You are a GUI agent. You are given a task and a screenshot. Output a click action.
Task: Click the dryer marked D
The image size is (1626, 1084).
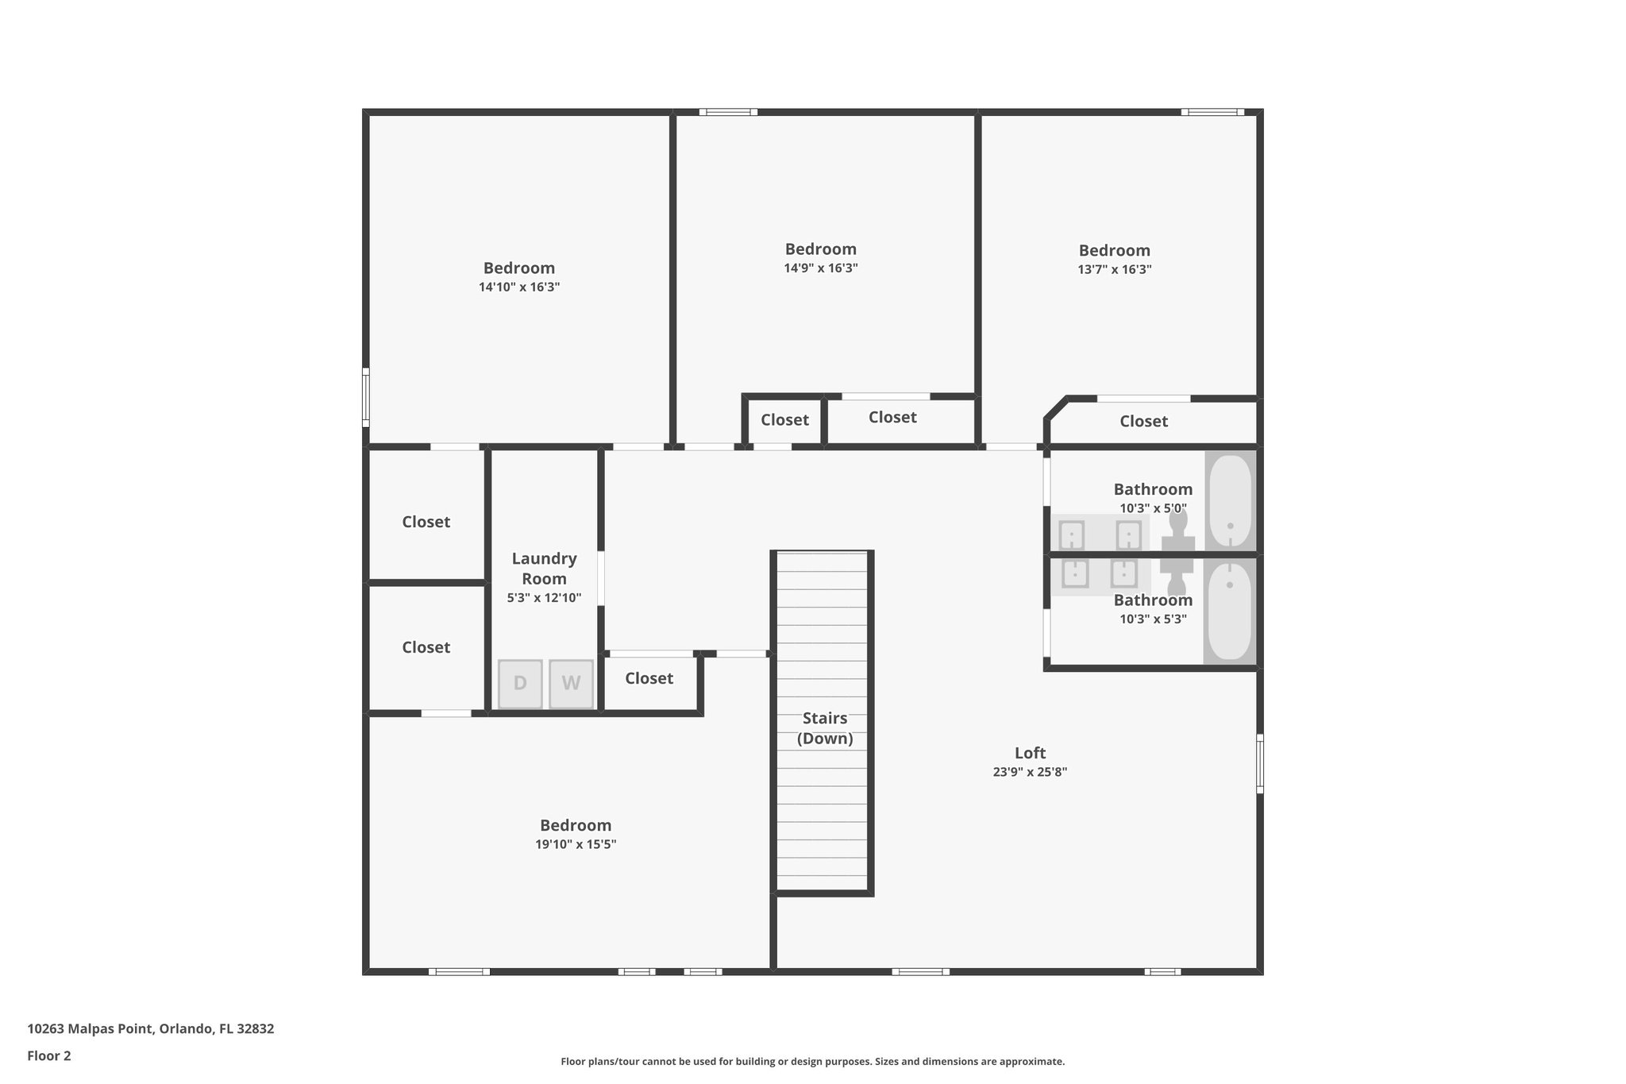click(520, 684)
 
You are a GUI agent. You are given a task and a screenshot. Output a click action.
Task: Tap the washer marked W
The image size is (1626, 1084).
click(571, 684)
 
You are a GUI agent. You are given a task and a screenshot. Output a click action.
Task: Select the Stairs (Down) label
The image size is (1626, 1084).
click(825, 728)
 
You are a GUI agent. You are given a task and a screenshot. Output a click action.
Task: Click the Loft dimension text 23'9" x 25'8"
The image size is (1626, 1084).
click(1030, 772)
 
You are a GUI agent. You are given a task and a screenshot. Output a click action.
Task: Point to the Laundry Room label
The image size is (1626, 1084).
click(544, 569)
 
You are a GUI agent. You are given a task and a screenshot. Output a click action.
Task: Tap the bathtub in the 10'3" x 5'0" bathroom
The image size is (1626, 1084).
click(1230, 500)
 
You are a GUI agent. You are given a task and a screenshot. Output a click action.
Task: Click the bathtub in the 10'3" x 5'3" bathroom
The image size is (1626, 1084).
click(1230, 611)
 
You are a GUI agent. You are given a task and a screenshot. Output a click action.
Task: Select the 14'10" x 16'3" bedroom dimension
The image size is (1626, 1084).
click(519, 287)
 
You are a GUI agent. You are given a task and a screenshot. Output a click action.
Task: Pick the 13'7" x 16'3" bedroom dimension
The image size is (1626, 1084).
click(1115, 269)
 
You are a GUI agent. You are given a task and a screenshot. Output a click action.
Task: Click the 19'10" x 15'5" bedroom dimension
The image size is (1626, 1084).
click(576, 844)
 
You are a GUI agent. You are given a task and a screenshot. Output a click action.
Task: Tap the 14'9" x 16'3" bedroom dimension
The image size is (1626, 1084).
click(821, 268)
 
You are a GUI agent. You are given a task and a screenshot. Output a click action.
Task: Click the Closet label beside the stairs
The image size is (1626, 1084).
click(649, 678)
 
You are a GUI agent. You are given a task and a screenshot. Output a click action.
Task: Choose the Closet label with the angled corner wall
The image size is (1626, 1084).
click(1143, 421)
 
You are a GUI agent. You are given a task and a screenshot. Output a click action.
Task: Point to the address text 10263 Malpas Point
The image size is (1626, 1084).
click(90, 1029)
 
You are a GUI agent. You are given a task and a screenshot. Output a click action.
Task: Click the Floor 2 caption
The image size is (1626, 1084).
click(49, 1056)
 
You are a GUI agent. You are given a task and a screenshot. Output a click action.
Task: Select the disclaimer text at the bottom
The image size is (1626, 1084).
click(813, 1061)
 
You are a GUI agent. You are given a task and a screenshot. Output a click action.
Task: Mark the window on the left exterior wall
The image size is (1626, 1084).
click(366, 397)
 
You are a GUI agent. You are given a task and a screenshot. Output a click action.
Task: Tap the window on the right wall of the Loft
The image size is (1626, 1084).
click(1259, 763)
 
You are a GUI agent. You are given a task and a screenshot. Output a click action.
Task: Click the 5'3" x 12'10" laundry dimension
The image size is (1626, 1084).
click(544, 598)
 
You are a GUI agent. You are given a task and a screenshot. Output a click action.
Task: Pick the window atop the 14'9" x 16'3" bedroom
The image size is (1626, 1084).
click(728, 112)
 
